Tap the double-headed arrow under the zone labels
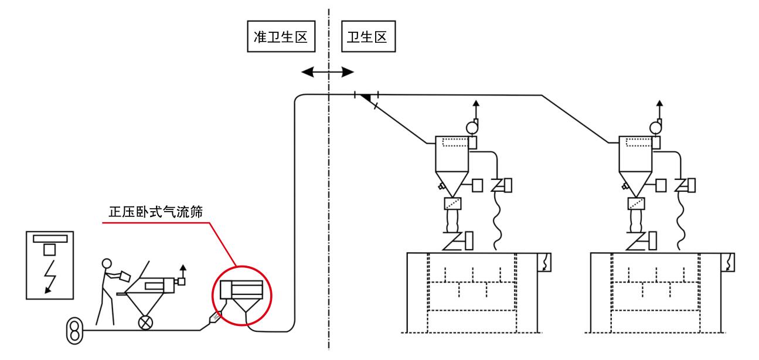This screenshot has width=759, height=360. tap(328, 72)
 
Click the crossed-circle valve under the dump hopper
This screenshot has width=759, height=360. tap(144, 322)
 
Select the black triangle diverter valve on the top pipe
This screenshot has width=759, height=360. tap(366, 98)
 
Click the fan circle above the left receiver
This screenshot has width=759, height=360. tap(472, 126)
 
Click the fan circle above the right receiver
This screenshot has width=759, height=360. tap(657, 126)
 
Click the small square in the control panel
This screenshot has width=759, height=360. tap(50, 250)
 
